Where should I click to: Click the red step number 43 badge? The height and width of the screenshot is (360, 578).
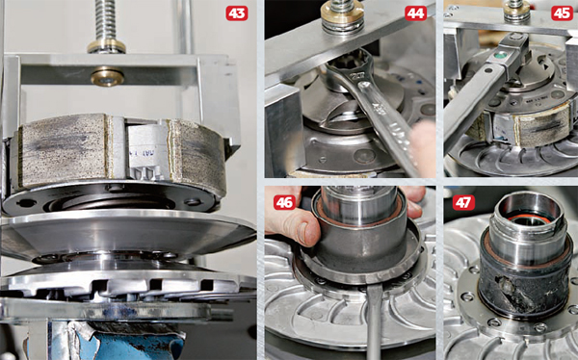237,13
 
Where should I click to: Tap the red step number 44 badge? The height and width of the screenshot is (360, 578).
415,13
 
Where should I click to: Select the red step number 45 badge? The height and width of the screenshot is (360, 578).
563,13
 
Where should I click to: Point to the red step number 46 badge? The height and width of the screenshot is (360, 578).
284,203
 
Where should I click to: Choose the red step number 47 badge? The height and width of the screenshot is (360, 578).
463,203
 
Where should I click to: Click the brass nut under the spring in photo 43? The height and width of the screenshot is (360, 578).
106,46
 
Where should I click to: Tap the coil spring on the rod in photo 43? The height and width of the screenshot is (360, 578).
105,19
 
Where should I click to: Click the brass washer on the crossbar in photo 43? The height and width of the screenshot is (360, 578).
107,76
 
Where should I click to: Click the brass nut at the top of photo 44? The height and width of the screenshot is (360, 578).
342,15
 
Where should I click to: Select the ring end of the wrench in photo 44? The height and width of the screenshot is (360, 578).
342,67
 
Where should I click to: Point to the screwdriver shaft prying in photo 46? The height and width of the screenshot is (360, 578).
374,321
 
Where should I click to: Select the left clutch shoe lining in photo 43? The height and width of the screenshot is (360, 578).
63,151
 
